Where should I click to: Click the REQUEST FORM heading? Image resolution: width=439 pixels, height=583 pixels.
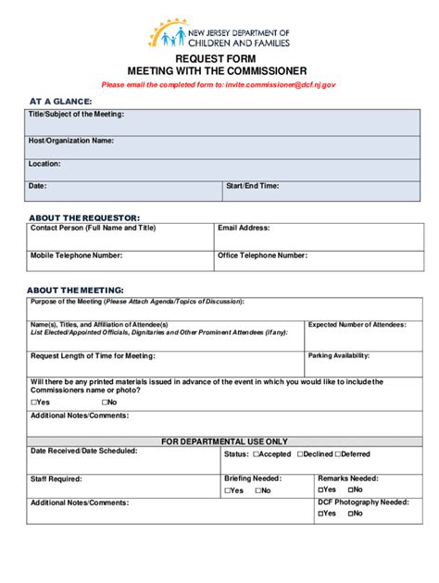pyautogui.click(x=219, y=58)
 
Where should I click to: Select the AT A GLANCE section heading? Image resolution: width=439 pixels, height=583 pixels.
pyautogui.click(x=60, y=101)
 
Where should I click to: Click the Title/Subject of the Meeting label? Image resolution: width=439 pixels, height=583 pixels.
pyautogui.click(x=76, y=115)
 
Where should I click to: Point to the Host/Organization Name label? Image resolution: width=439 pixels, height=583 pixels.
pyautogui.click(x=71, y=141)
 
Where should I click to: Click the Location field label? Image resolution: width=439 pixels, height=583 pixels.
pyautogui.click(x=44, y=164)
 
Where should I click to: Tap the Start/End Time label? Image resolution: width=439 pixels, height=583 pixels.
pyautogui.click(x=252, y=186)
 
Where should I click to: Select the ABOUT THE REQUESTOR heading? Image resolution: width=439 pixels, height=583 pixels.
pyautogui.click(x=83, y=217)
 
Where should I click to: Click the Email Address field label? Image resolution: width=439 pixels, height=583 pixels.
pyautogui.click(x=244, y=228)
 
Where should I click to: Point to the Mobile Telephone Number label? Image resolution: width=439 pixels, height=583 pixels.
pyautogui.click(x=76, y=254)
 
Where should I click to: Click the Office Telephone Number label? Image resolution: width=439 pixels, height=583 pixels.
pyautogui.click(x=262, y=254)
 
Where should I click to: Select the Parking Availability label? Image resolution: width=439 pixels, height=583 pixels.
pyautogui.click(x=339, y=355)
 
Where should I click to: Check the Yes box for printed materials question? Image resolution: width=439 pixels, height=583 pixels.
pyautogui.click(x=34, y=403)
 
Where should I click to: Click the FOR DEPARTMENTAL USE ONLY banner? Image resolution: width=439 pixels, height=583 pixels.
pyautogui.click(x=225, y=441)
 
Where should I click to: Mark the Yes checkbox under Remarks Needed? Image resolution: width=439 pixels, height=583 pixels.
pyautogui.click(x=322, y=489)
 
